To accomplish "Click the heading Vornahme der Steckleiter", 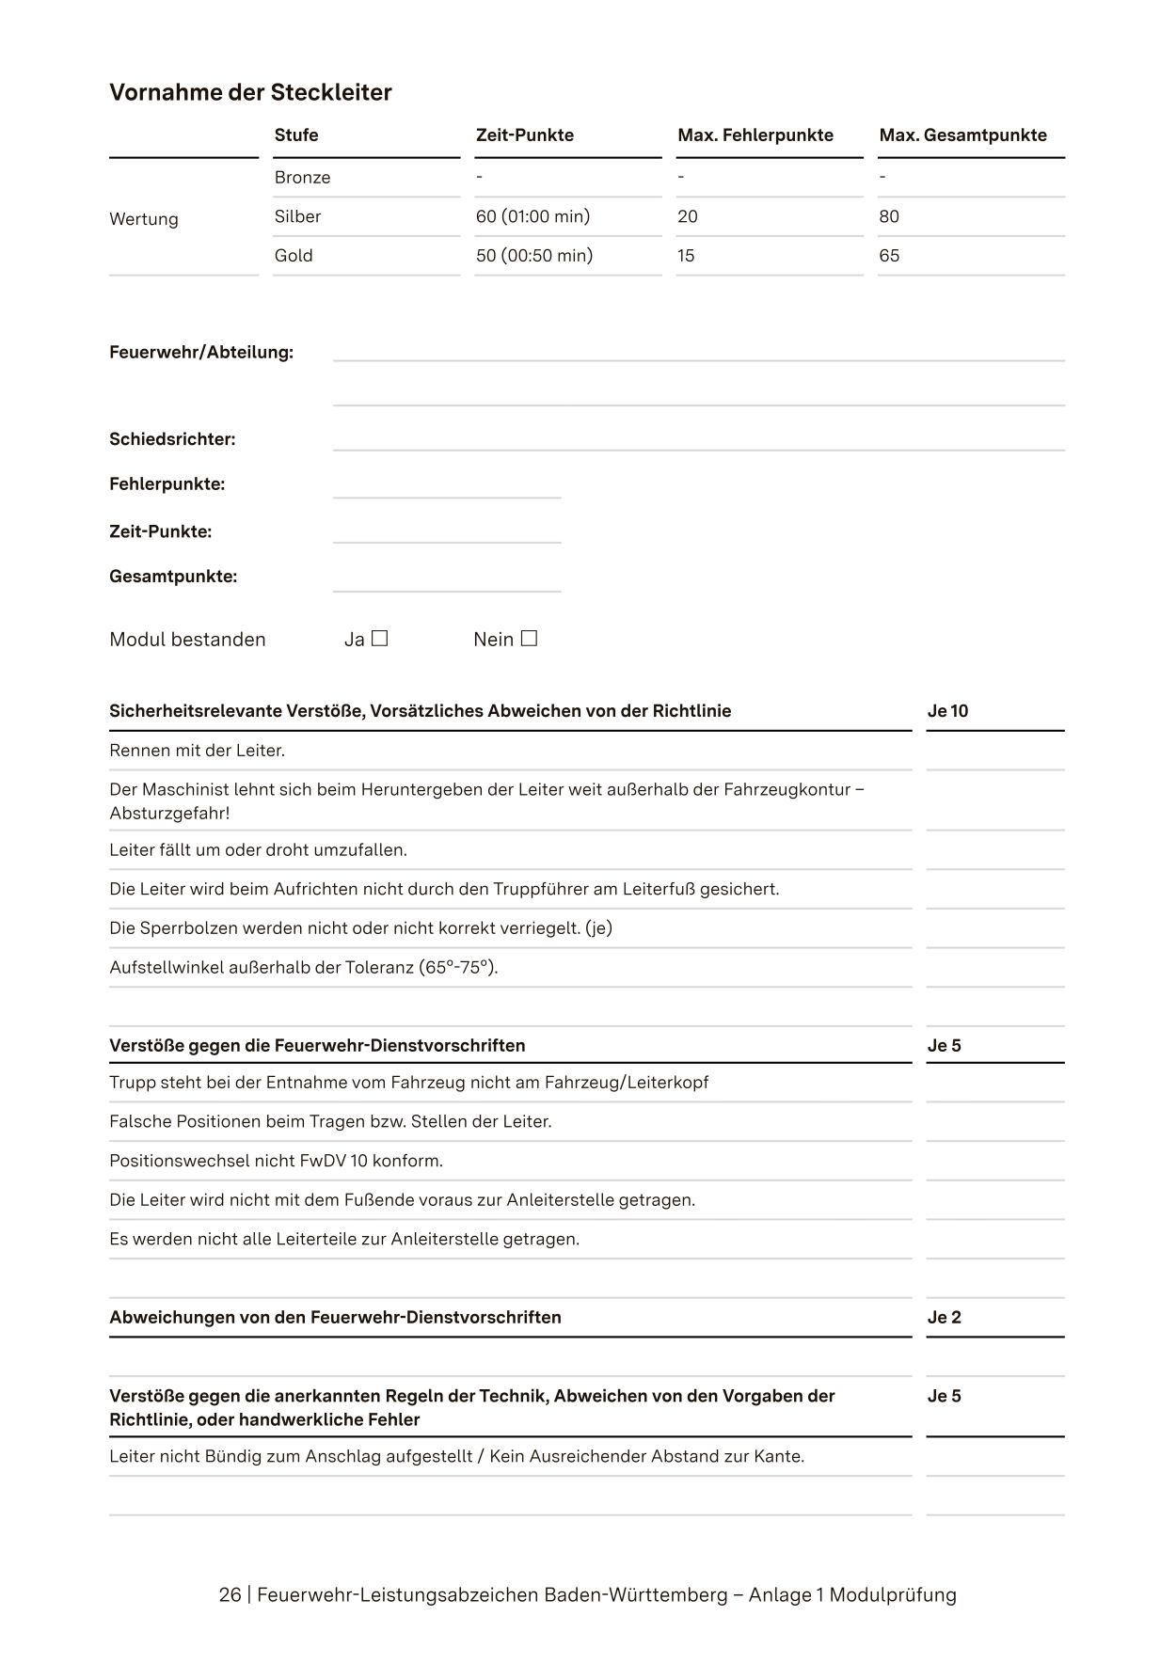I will pyautogui.click(x=250, y=92).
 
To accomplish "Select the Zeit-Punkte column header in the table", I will pyautogui.click(x=524, y=135).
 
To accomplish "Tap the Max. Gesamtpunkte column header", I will pyautogui.click(x=962, y=135).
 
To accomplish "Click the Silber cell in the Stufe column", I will pyautogui.click(x=297, y=216).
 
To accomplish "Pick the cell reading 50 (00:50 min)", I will pyautogui.click(x=533, y=255).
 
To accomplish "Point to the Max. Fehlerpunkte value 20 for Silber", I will pyautogui.click(x=688, y=216).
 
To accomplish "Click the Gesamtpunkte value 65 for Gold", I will pyautogui.click(x=889, y=255).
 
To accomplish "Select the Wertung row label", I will pyautogui.click(x=144, y=219).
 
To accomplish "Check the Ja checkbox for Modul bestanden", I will pyautogui.click(x=379, y=639).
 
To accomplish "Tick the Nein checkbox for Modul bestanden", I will pyautogui.click(x=529, y=639).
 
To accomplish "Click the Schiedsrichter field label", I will pyautogui.click(x=172, y=439).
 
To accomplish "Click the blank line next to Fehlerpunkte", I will pyautogui.click(x=447, y=487).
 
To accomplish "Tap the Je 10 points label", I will pyautogui.click(x=947, y=711).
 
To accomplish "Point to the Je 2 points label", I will pyautogui.click(x=944, y=1317).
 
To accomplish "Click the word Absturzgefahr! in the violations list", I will pyautogui.click(x=169, y=813).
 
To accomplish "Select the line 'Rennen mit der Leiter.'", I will pyautogui.click(x=197, y=751).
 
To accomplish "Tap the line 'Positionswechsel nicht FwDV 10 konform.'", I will pyautogui.click(x=276, y=1161).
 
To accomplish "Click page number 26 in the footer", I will pyautogui.click(x=230, y=1595).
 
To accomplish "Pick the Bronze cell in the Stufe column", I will pyautogui.click(x=302, y=178).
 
